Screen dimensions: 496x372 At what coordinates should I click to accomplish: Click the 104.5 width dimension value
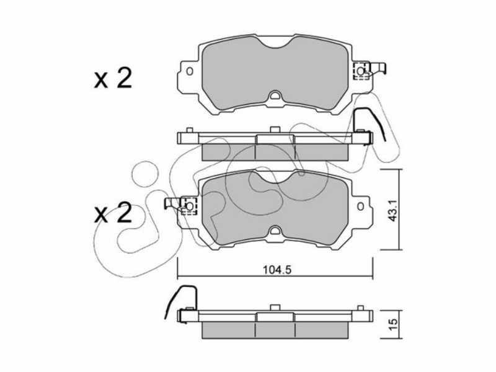(x=277, y=270)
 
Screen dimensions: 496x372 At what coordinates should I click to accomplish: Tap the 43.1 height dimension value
(x=392, y=210)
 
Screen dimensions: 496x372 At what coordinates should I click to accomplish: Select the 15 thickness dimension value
(x=392, y=324)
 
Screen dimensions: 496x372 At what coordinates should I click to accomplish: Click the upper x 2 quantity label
(x=113, y=79)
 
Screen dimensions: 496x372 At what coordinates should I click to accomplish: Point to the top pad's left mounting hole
(x=190, y=71)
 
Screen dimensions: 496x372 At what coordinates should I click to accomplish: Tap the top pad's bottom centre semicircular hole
(x=275, y=95)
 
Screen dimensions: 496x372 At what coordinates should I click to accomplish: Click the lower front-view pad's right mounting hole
(x=360, y=206)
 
